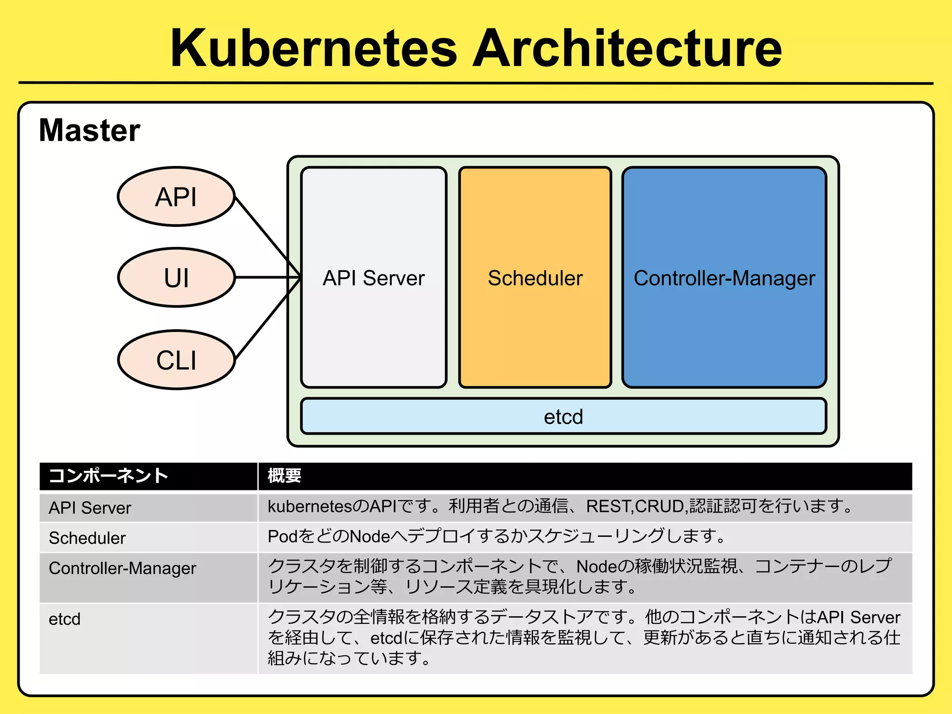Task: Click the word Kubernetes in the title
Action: point(314,48)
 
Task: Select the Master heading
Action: point(89,130)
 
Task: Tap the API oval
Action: point(176,197)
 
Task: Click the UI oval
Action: point(176,278)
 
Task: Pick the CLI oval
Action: point(176,360)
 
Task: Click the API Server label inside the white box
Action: point(374,278)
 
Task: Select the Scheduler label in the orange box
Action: point(535,278)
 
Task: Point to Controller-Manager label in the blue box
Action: point(724,278)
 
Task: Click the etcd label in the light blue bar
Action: point(563,416)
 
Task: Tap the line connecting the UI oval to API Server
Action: point(267,278)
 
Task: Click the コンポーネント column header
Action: point(108,476)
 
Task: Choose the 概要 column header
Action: point(284,476)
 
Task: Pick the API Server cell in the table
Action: point(90,508)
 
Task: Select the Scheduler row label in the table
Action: point(87,538)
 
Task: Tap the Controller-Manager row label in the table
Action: point(123,568)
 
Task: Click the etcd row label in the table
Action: point(65,619)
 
